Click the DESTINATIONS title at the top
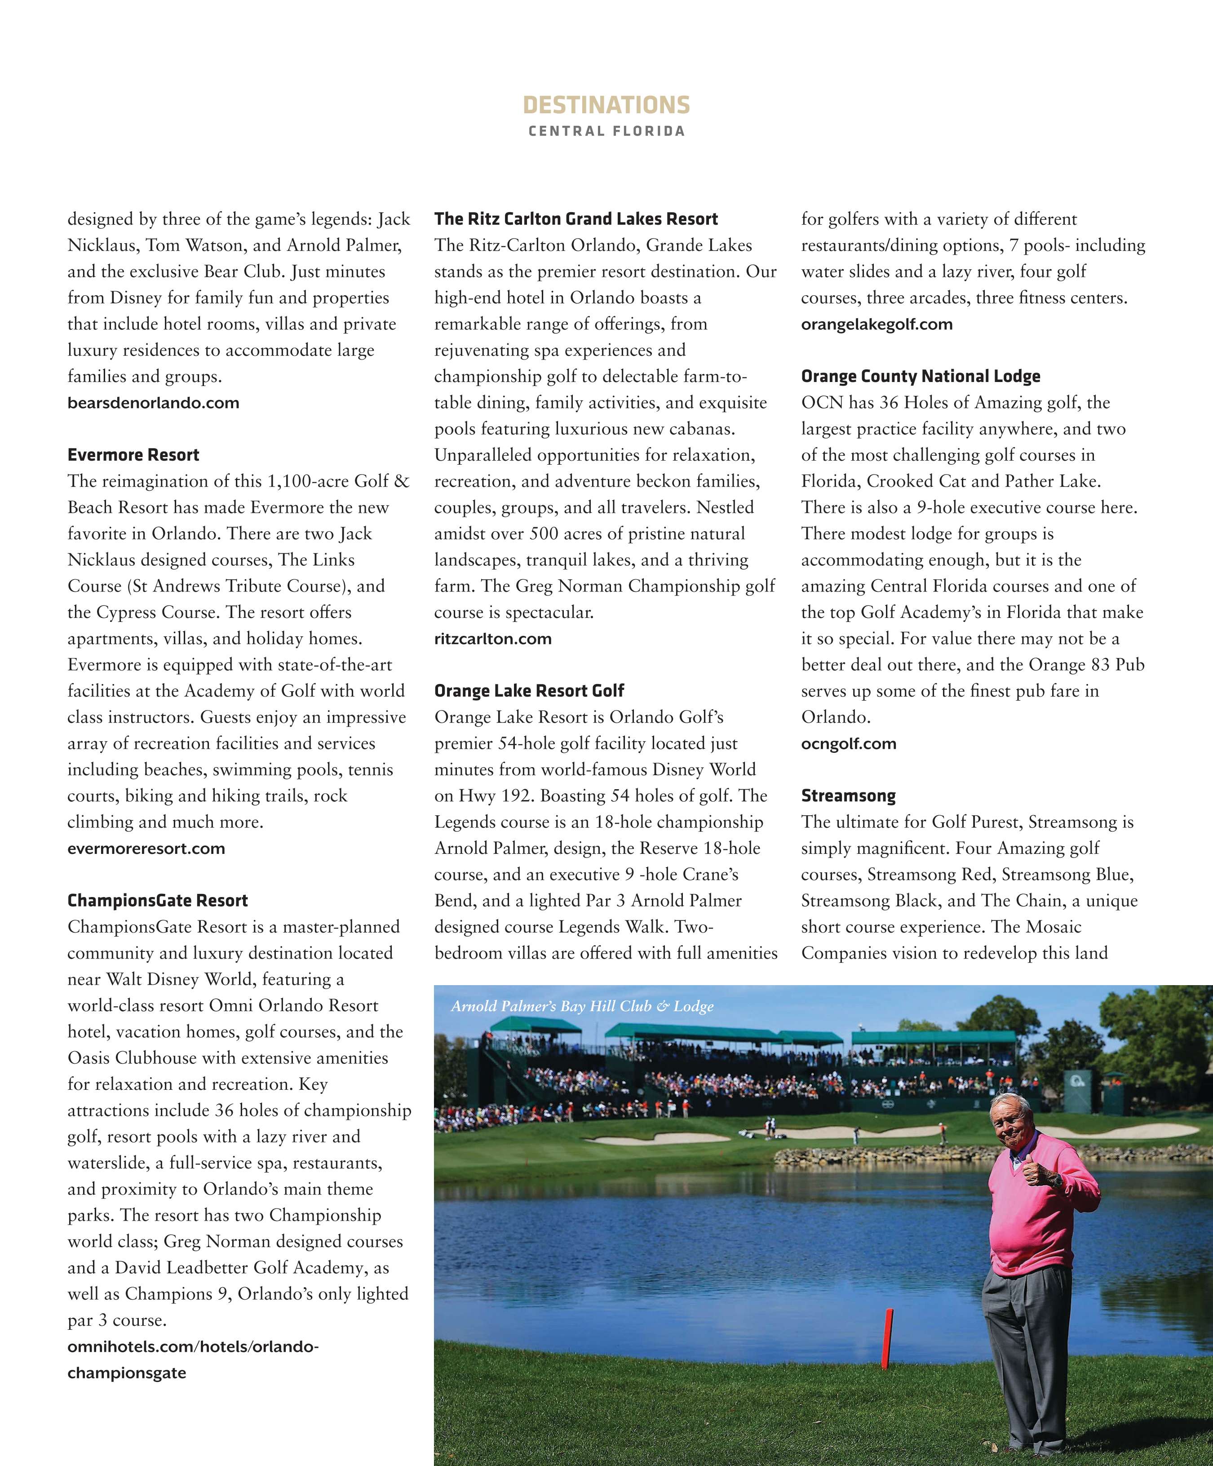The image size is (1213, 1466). (x=606, y=106)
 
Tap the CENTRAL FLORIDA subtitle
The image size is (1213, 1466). (x=606, y=131)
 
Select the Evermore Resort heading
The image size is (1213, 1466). (x=133, y=455)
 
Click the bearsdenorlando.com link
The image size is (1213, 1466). (x=154, y=403)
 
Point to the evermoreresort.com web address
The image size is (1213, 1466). (x=146, y=849)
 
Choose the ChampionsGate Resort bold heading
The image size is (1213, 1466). (x=158, y=901)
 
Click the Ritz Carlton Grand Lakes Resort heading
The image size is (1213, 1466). (x=576, y=219)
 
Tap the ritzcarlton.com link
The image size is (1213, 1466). (x=493, y=639)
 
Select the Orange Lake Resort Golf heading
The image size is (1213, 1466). (x=529, y=691)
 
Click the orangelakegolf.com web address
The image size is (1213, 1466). (x=877, y=324)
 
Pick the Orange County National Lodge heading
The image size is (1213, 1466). (x=921, y=376)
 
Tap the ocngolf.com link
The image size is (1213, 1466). (x=849, y=744)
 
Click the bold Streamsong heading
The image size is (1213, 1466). (x=848, y=796)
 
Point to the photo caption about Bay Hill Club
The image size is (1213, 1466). (x=582, y=1006)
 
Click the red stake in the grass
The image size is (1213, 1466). (x=888, y=1339)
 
